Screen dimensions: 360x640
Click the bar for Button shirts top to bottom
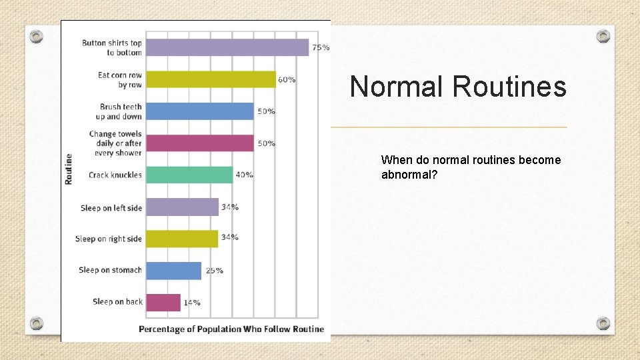(227, 47)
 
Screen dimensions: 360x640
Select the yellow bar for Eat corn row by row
(210, 79)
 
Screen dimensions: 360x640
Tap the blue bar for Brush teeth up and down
(199, 111)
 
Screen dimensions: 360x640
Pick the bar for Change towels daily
(199, 143)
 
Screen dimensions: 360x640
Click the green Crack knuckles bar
(189, 175)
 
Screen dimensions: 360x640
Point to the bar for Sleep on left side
(181, 207)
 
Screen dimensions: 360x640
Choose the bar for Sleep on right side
(181, 239)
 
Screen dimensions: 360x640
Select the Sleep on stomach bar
(173, 271)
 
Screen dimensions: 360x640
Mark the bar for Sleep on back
(163, 303)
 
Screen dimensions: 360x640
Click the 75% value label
(321, 47)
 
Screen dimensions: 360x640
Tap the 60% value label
(287, 79)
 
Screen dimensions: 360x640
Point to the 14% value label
(192, 303)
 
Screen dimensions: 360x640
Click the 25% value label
(214, 271)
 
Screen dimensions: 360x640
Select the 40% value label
(244, 175)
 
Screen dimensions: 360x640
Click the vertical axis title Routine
(69, 169)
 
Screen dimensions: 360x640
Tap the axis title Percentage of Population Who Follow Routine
(231, 329)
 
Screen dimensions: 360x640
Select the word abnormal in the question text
(406, 174)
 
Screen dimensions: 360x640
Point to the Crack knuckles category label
(115, 175)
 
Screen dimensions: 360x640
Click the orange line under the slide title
(453, 127)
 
